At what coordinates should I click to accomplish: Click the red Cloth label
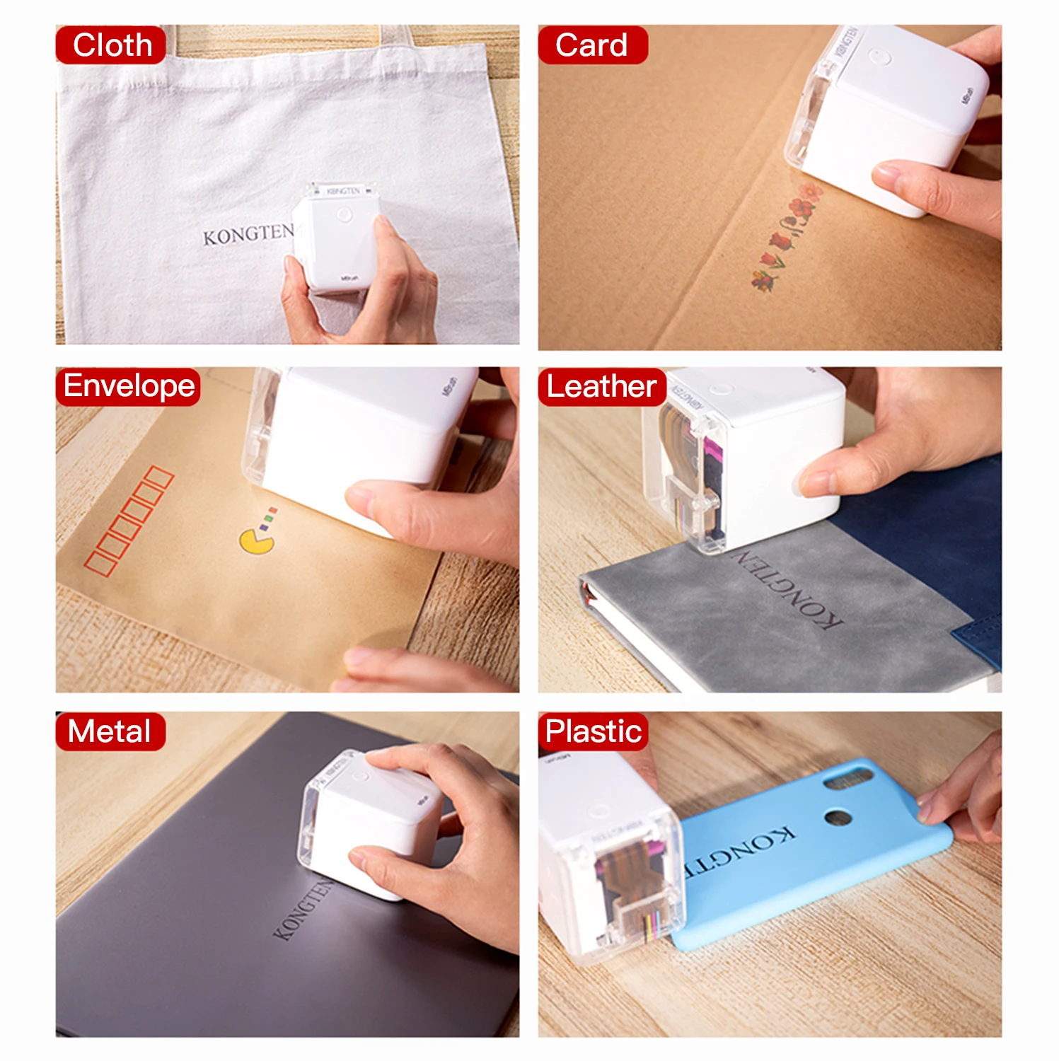click(111, 45)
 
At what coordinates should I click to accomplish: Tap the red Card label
click(592, 45)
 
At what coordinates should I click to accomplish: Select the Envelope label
click(128, 386)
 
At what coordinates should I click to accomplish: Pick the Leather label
click(601, 386)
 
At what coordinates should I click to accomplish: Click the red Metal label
click(110, 731)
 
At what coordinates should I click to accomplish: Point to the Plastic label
click(594, 731)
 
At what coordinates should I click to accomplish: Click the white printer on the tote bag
click(336, 237)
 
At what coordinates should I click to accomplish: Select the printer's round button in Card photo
click(879, 57)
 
